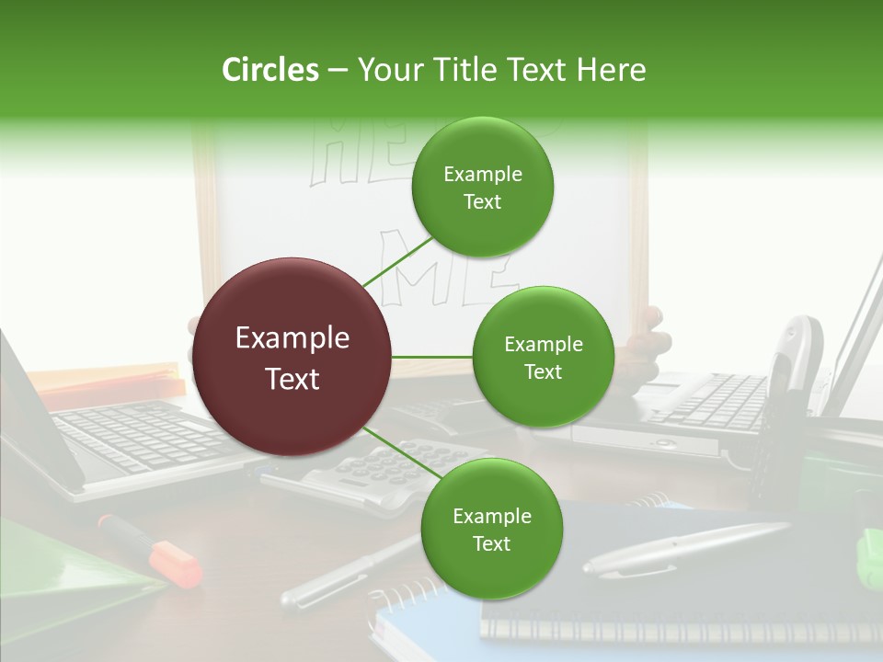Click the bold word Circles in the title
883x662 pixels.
pos(269,70)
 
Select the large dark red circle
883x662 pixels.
pos(292,358)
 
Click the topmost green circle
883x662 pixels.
pos(482,187)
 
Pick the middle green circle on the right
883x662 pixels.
pos(543,357)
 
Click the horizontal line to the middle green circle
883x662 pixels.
pos(432,357)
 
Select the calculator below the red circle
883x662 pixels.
pos(377,474)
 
